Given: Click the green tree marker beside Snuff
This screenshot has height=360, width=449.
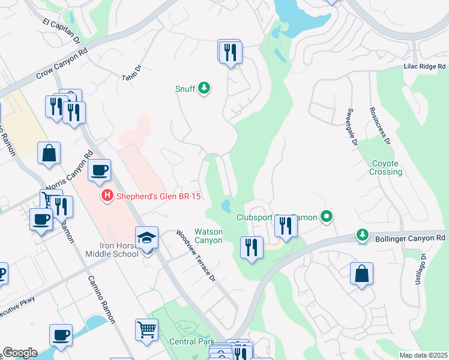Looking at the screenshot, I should tap(204, 89).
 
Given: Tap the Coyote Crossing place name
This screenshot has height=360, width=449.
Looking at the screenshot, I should tap(386, 167).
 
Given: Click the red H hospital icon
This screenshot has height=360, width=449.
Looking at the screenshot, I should tap(107, 196).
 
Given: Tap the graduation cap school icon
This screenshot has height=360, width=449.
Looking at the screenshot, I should tap(146, 238).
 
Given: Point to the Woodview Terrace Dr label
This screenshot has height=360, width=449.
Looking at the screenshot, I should tap(195, 255).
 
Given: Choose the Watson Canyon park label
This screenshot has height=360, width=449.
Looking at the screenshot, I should tap(208, 236).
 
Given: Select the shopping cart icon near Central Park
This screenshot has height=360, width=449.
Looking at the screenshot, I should tap(146, 329).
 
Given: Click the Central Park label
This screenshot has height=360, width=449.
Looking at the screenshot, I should tap(191, 341).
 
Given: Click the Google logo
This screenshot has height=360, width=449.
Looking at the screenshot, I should tap(20, 353).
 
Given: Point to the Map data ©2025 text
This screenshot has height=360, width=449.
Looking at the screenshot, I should tap(423, 355).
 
